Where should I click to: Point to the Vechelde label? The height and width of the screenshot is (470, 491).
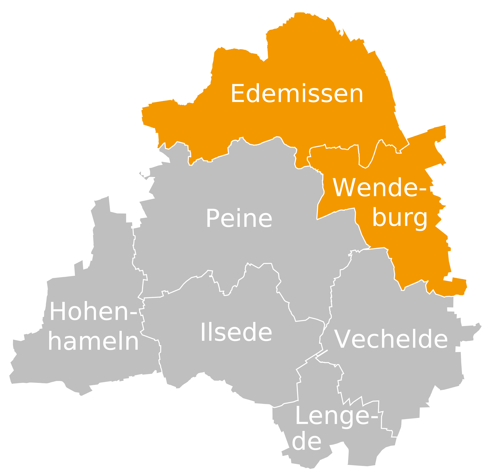coord(391,339)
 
